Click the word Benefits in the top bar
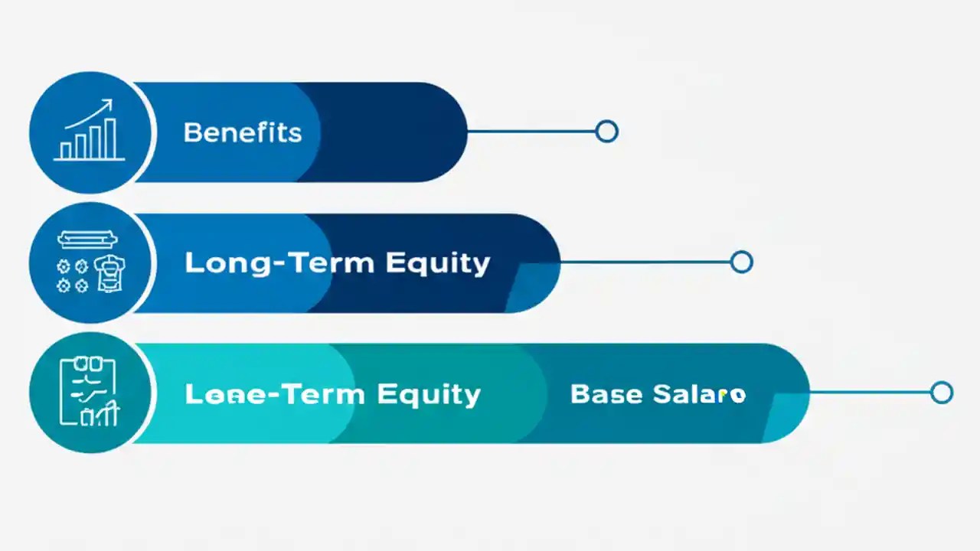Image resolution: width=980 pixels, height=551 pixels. (243, 132)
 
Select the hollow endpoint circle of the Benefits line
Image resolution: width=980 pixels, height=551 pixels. (606, 132)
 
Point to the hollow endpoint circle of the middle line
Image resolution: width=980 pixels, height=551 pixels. (741, 262)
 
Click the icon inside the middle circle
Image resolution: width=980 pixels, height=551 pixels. (90, 263)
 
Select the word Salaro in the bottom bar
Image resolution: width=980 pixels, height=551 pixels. (699, 394)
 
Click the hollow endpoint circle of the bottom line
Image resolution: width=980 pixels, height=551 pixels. (942, 393)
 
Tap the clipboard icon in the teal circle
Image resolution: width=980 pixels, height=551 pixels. (89, 393)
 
